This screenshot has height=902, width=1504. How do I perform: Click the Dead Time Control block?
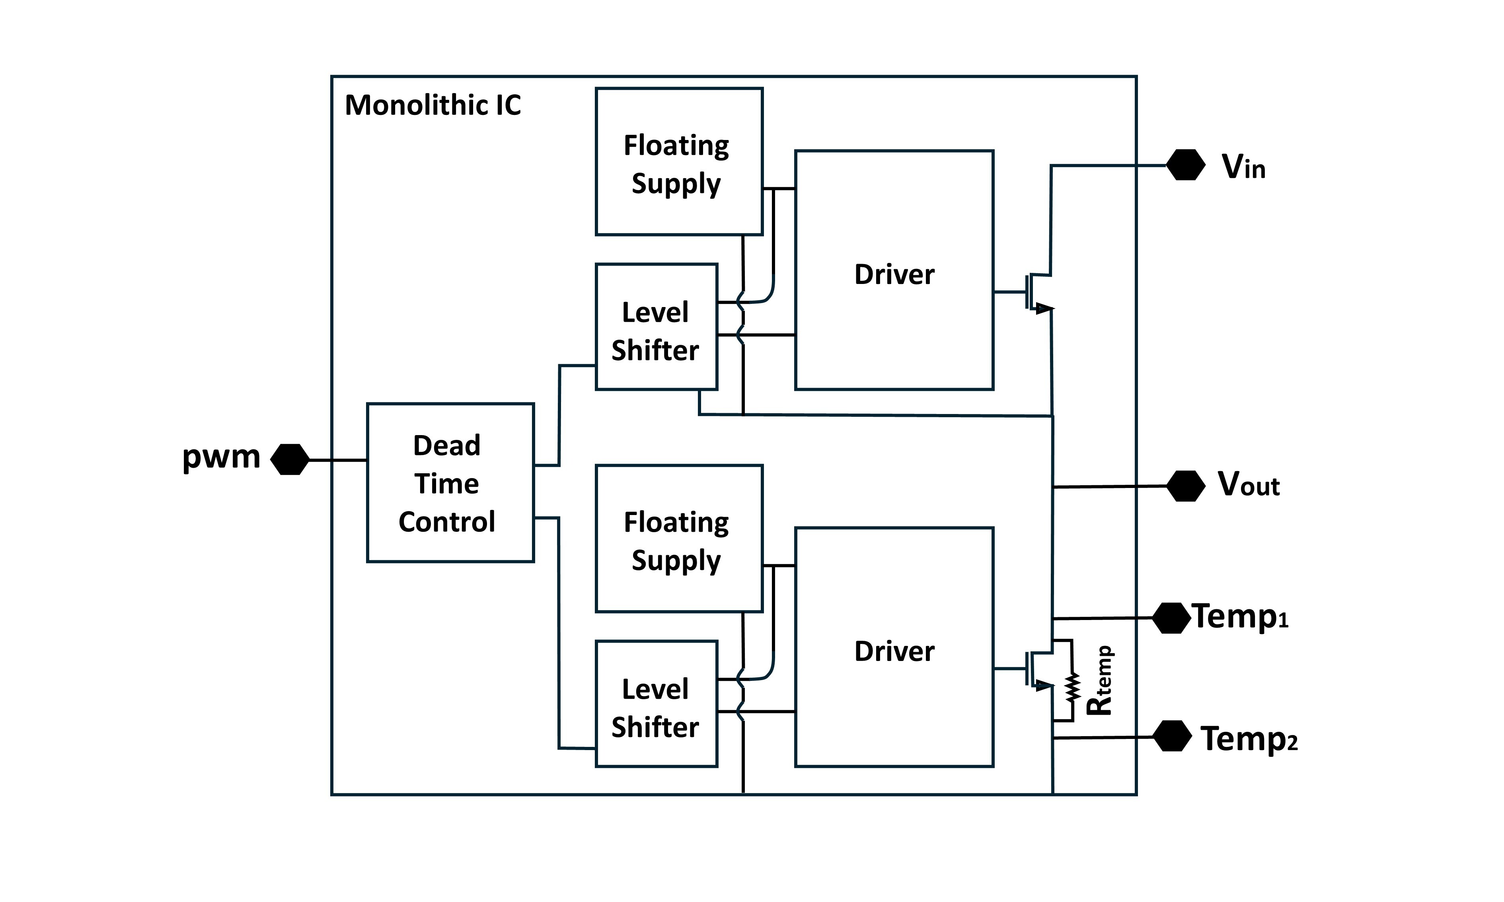coord(450,482)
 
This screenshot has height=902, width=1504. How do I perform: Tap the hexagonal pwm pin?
coord(289,459)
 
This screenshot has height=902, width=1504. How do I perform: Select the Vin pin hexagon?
coord(1185,165)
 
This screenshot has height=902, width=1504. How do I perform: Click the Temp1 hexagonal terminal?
coord(1171,618)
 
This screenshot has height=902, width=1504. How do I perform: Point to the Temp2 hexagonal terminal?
coord(1171,736)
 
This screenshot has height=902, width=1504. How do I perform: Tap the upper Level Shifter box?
coord(656,327)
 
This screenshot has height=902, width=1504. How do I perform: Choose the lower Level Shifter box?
coord(656,704)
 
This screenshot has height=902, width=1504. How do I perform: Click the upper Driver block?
coord(894,270)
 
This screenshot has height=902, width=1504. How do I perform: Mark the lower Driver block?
coord(894,647)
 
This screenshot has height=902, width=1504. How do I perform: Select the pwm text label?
coord(221,457)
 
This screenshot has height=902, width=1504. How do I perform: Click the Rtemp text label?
coord(1100,681)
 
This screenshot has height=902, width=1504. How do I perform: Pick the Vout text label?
coord(1248,484)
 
